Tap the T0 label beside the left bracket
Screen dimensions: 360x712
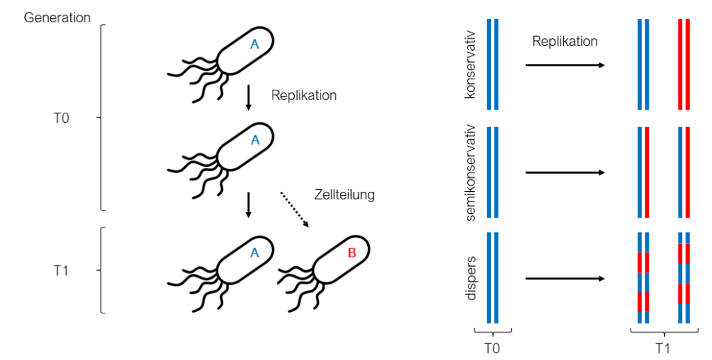(61, 119)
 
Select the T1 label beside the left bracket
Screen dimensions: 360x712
(61, 271)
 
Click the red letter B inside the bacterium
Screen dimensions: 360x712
(351, 254)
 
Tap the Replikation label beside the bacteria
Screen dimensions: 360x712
(304, 95)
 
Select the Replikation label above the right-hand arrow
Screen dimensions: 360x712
(565, 42)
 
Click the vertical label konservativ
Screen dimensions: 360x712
(471, 65)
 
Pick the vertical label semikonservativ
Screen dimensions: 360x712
(471, 173)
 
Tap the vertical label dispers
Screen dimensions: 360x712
(471, 277)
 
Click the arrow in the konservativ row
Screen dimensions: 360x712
(563, 65)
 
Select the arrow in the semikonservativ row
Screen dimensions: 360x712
(563, 173)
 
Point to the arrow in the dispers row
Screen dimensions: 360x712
(563, 279)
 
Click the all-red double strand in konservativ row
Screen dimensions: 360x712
(683, 65)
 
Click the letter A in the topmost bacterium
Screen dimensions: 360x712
(254, 44)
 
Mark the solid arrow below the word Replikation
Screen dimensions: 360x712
(248, 98)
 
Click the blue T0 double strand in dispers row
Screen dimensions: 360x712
(492, 277)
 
